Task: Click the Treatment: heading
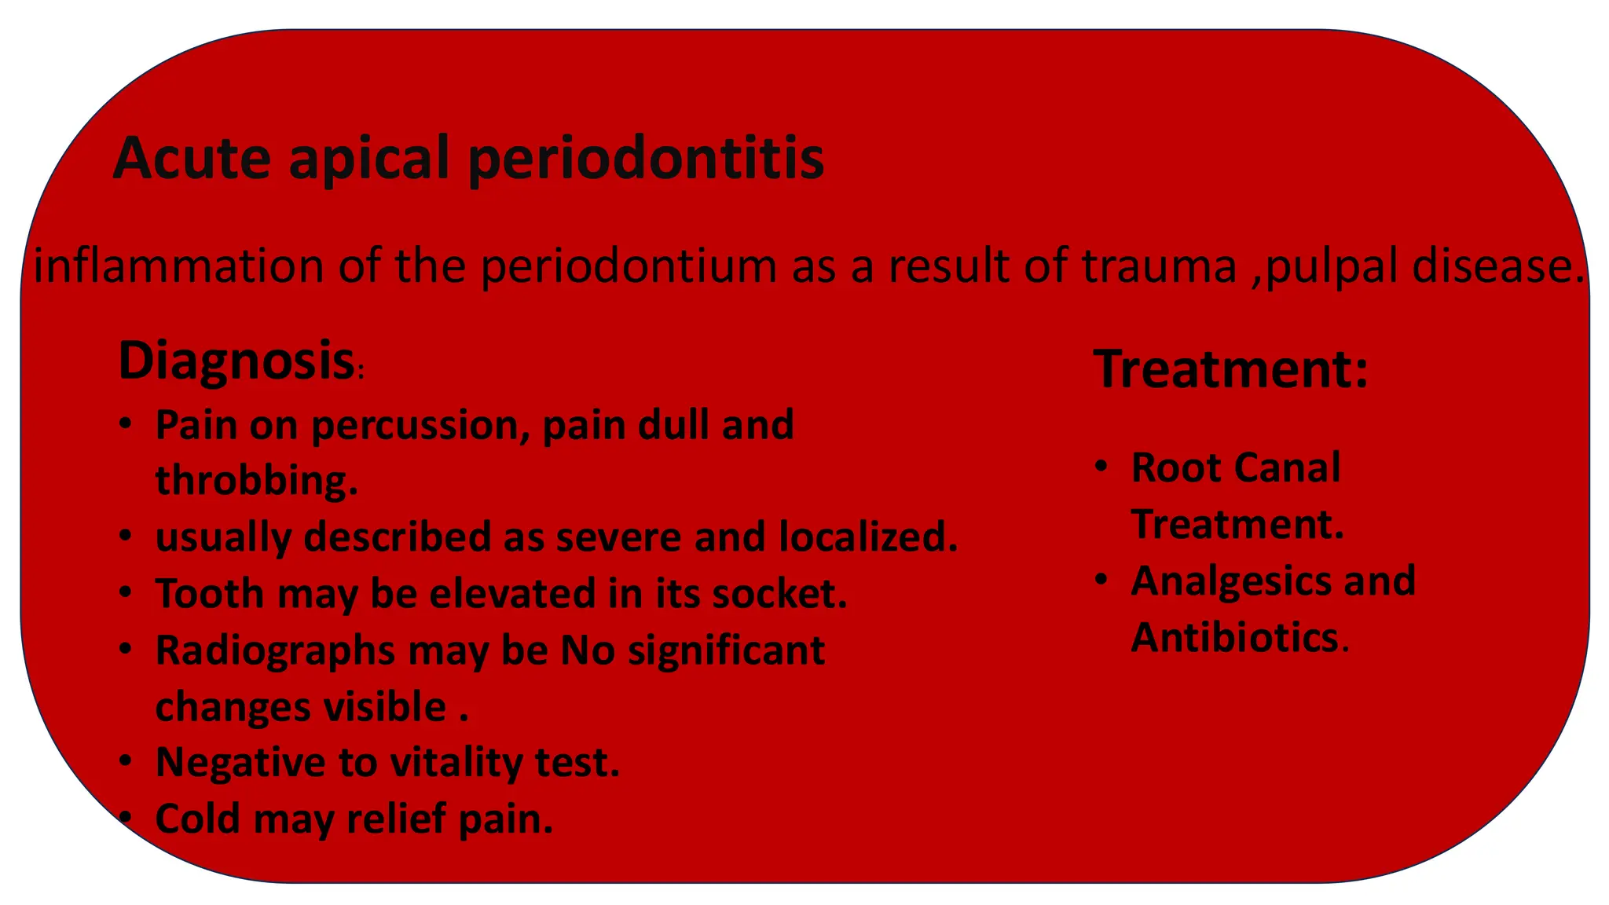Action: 1230,368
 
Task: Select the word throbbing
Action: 256,481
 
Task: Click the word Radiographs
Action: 275,651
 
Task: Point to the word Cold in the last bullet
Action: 198,819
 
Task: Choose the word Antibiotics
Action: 1233,637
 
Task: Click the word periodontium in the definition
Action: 628,266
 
